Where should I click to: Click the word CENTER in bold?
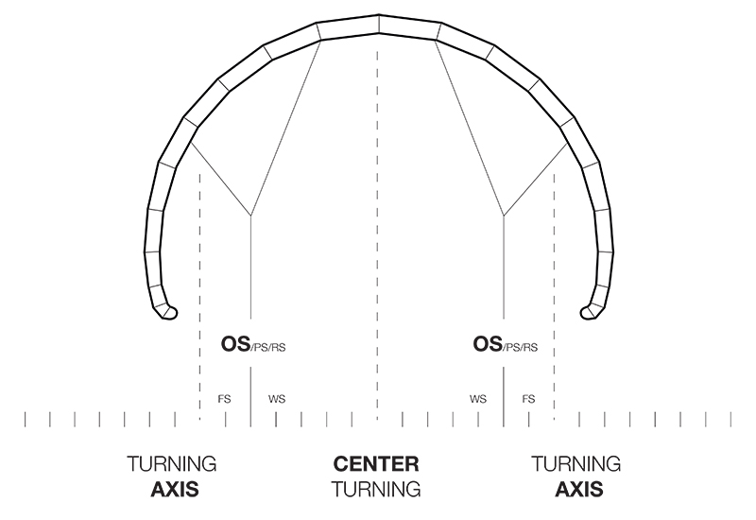tap(376, 464)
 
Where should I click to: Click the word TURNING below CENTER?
tap(376, 489)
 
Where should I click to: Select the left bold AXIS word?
tap(175, 489)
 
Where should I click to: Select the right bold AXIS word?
tap(579, 489)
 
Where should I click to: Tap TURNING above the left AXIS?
tap(172, 464)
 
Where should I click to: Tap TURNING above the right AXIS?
tap(576, 464)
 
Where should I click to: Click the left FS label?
tap(224, 399)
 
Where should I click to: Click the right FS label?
tap(528, 399)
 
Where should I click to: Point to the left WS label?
tap(277, 399)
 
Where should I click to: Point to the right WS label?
tap(478, 399)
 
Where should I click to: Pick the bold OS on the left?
tap(235, 344)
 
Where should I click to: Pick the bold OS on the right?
tap(488, 344)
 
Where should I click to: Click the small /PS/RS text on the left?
tap(268, 347)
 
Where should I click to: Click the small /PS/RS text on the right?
tap(521, 347)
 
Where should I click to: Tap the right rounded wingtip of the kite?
tap(589, 313)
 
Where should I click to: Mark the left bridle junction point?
tap(250, 216)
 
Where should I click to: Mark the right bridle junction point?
tap(504, 216)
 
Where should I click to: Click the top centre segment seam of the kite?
tap(379, 25)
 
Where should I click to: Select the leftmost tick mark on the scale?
tap(26, 419)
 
